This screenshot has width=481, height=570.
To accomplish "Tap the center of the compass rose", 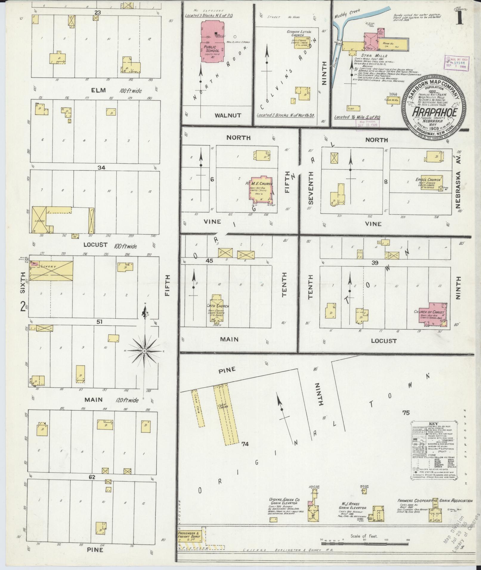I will pos(144,351).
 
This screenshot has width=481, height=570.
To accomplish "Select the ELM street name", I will pos(99,90).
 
